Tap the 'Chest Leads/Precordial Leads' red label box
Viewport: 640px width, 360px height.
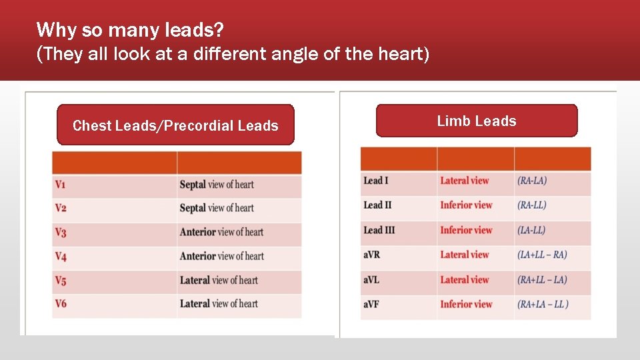[x=175, y=125]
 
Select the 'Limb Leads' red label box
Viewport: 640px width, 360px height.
[x=477, y=121]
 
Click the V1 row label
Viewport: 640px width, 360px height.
[x=61, y=185]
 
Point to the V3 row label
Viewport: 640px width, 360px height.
[x=61, y=233]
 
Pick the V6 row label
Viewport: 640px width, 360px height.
[x=61, y=304]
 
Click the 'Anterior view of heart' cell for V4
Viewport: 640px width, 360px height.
[x=221, y=256]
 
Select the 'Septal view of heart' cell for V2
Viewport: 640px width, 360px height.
[x=217, y=208]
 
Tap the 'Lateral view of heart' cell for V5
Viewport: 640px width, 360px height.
[x=219, y=280]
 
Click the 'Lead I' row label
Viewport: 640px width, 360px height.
[x=376, y=181]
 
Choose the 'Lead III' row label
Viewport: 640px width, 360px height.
[x=379, y=230]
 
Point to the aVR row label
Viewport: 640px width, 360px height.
[x=371, y=255]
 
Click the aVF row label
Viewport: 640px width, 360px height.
[x=371, y=304]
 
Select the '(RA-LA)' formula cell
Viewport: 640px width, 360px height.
[x=532, y=181]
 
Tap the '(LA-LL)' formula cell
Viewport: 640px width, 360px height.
[x=531, y=230]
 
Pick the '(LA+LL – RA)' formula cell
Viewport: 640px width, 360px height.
[x=542, y=255]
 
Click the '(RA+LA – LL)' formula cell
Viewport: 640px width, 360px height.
[x=543, y=304]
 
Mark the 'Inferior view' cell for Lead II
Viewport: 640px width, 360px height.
[x=466, y=205]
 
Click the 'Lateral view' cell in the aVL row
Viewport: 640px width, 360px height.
[x=465, y=279]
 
